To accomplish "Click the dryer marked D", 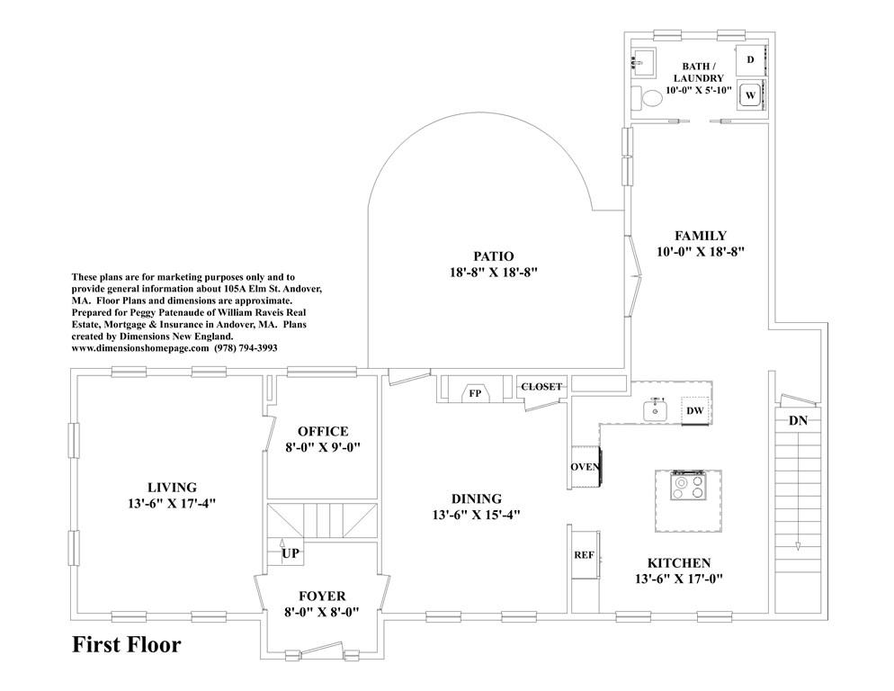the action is [x=750, y=60].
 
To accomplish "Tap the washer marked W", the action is [x=750, y=94].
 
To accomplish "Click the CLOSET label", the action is [x=541, y=387].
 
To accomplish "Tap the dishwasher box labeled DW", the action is [x=694, y=410].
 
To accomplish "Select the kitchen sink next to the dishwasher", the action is [x=657, y=411].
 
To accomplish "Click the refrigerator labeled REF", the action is [x=583, y=554].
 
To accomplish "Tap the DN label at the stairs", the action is [x=797, y=420].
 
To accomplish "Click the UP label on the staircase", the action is [x=291, y=553].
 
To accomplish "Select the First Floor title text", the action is [x=127, y=645].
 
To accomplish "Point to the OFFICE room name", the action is [x=323, y=432].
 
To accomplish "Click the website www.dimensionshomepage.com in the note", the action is [x=139, y=346].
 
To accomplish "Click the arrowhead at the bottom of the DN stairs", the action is [x=797, y=546].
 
